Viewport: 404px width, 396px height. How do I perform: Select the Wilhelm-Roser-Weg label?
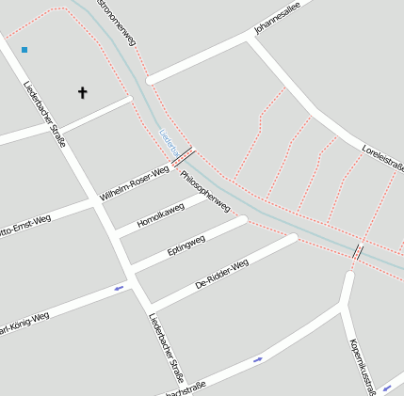pyautogui.click(x=135, y=183)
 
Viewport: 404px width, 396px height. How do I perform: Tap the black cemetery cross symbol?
pyautogui.click(x=82, y=92)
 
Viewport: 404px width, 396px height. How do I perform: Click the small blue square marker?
pyautogui.click(x=24, y=49)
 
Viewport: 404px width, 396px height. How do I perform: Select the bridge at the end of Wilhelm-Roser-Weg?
pyautogui.click(x=184, y=156)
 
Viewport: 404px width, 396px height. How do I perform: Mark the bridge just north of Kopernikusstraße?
pyautogui.click(x=357, y=251)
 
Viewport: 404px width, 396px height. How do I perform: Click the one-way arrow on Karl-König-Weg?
pyautogui.click(x=119, y=288)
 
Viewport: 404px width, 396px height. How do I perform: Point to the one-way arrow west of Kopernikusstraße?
pyautogui.click(x=258, y=359)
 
